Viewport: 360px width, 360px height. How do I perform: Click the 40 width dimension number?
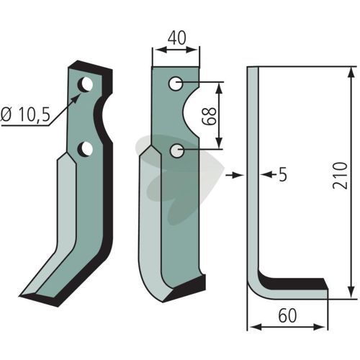[176, 38]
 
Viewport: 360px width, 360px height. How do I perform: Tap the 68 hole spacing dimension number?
[210, 116]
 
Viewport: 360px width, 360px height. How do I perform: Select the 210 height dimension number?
[341, 176]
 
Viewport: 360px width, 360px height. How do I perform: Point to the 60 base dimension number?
[287, 315]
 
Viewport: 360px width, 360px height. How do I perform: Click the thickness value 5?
[283, 175]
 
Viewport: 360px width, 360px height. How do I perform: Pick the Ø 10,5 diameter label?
[25, 114]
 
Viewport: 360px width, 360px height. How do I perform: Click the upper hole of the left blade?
[85, 84]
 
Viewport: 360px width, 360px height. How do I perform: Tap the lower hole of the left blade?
[85, 149]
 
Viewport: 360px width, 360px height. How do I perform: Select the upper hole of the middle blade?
[176, 84]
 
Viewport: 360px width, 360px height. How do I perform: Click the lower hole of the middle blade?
[177, 151]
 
